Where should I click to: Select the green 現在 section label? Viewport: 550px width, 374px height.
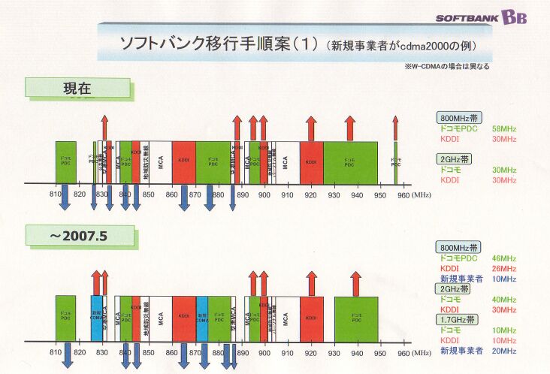[77, 88]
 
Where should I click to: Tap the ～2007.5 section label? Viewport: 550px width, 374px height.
[81, 236]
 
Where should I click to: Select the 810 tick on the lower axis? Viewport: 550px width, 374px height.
[55, 351]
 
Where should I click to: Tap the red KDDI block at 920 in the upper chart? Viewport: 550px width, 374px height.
[311, 161]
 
